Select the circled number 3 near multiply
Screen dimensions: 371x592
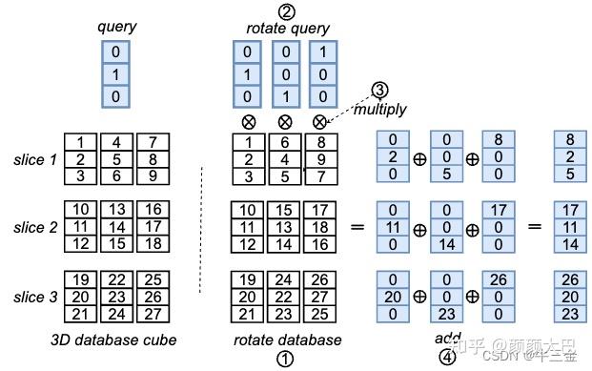tap(379, 90)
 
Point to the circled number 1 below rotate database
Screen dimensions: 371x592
tap(283, 359)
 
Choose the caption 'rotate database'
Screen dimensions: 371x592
tap(288, 340)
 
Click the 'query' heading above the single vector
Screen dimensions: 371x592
tap(116, 27)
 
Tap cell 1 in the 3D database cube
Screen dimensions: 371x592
tap(82, 142)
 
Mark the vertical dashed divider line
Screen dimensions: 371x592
tap(201, 229)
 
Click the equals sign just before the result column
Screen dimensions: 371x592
tap(534, 228)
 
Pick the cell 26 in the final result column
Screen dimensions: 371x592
tap(570, 279)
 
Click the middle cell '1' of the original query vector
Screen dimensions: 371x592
tap(116, 73)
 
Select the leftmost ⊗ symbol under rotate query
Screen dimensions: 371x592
tap(248, 122)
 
